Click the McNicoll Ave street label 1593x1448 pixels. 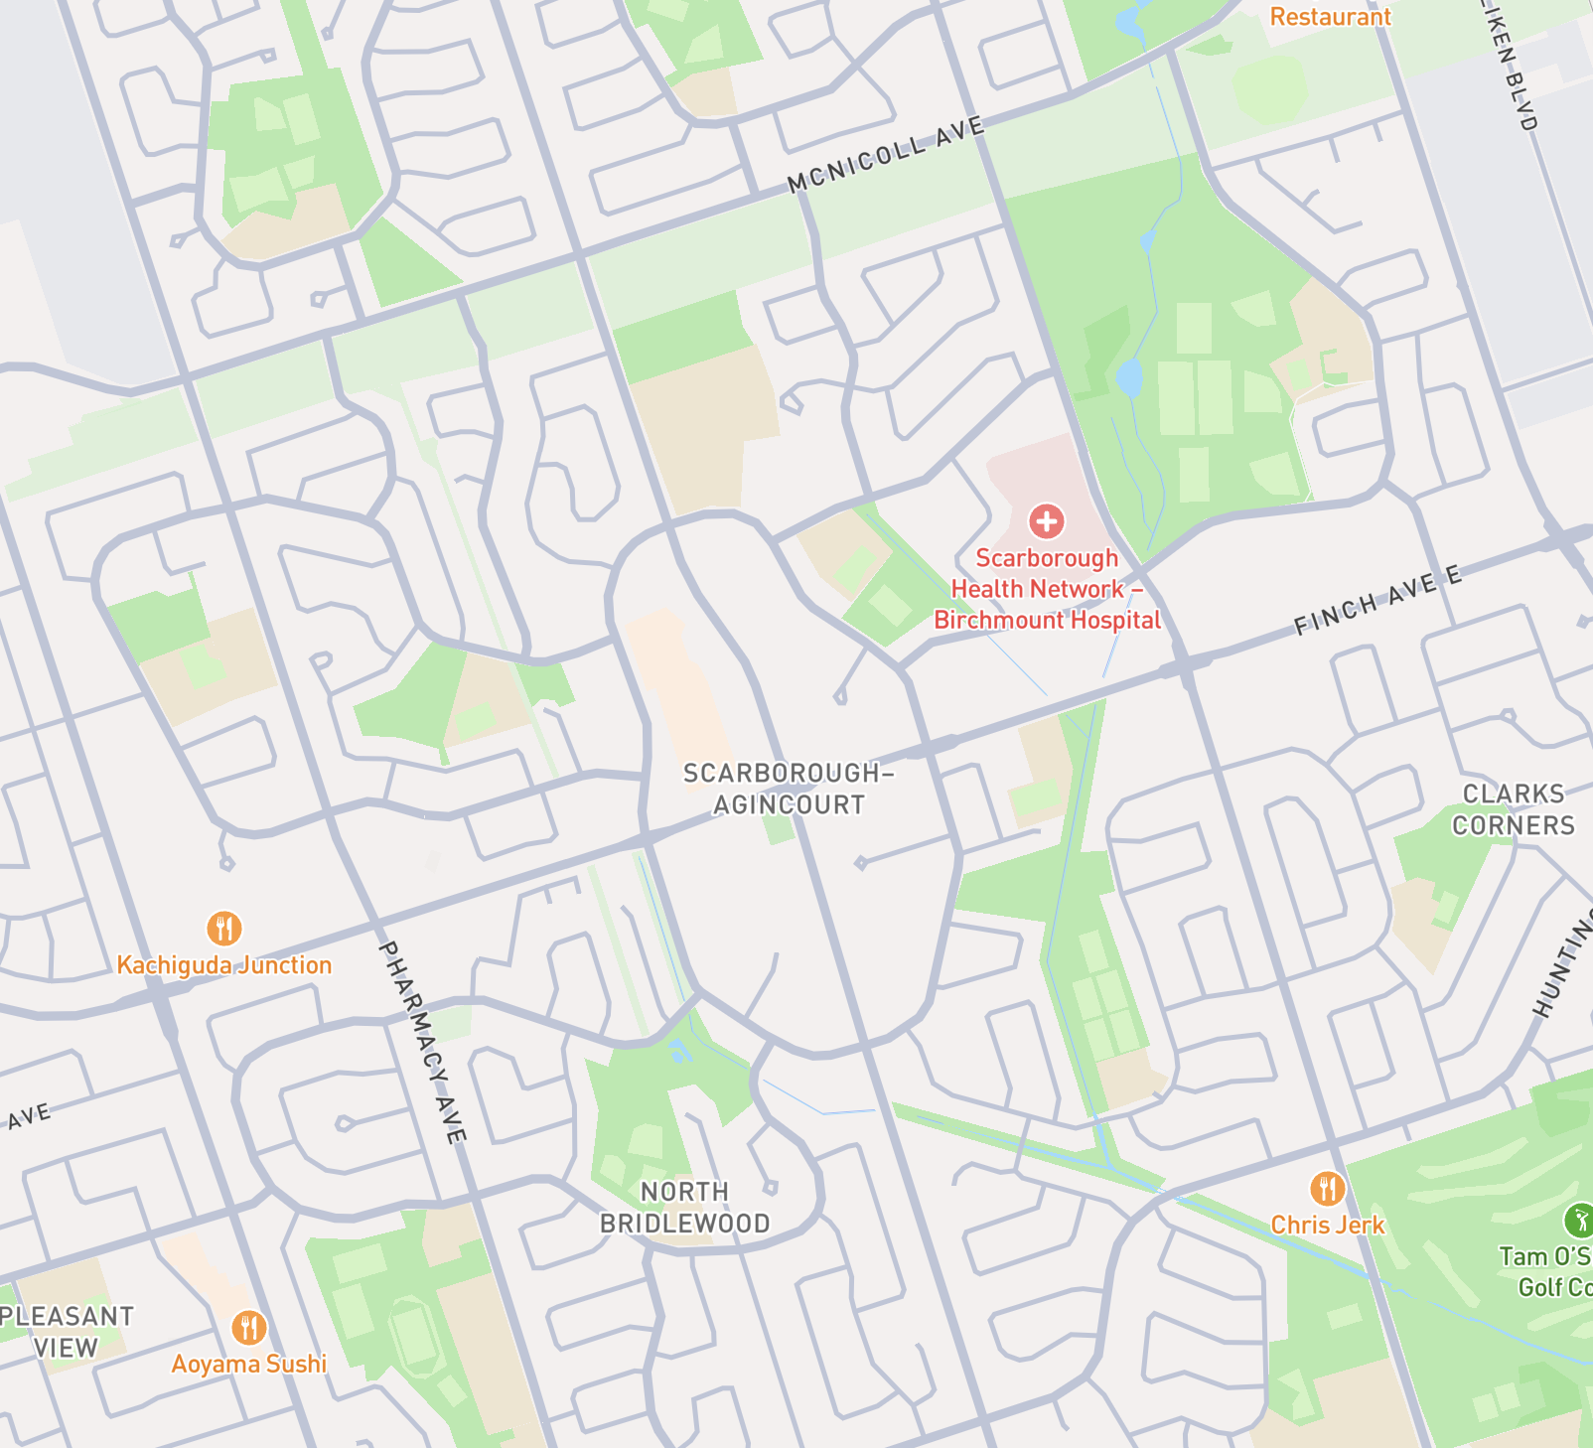point(885,154)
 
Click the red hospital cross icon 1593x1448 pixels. point(1046,520)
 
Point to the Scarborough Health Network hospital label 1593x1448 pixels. point(1047,589)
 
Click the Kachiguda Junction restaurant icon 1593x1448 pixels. point(224,929)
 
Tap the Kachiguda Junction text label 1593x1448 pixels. point(224,965)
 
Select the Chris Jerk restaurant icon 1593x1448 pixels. point(1327,1188)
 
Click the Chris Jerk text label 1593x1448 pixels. point(1327,1225)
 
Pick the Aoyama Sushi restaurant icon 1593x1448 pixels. point(249,1327)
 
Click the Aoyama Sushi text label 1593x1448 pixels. point(249,1364)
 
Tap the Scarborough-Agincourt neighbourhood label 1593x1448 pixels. point(789,789)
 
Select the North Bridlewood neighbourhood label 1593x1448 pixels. point(684,1207)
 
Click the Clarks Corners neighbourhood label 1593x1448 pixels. point(1513,809)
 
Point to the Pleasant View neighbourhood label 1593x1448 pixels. point(66,1332)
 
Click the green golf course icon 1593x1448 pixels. point(1578,1219)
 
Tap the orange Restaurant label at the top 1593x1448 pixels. point(1330,17)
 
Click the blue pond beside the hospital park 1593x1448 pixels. point(1128,378)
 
